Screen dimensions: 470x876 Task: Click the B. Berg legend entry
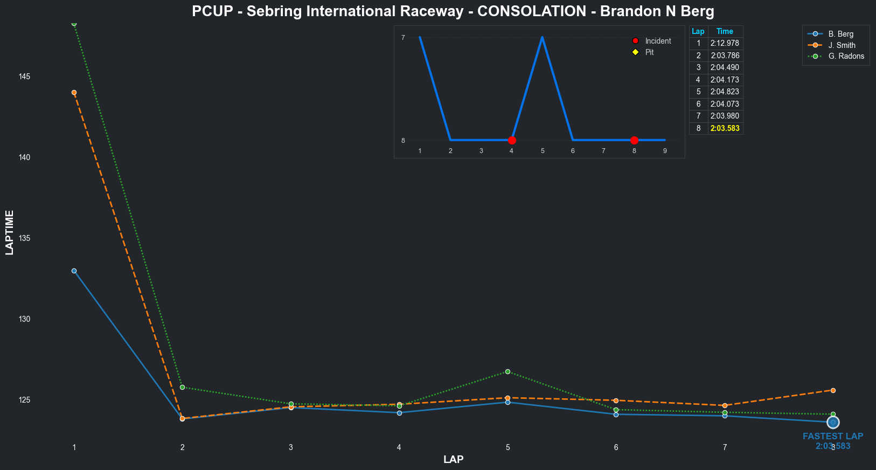(840, 34)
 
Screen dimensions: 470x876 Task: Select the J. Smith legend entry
(842, 45)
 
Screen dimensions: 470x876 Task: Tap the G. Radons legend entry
(846, 56)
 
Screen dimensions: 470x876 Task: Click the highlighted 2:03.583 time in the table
(725, 128)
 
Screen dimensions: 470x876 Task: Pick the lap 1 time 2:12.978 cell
(725, 43)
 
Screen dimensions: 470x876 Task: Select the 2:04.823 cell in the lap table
(725, 92)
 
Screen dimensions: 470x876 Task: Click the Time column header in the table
(725, 31)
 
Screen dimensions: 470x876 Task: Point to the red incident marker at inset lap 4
(512, 140)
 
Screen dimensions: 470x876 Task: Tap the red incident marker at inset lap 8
(634, 140)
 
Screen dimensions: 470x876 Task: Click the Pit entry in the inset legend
(649, 52)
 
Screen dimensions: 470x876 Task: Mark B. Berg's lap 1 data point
(74, 271)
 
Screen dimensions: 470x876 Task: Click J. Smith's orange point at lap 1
(74, 92)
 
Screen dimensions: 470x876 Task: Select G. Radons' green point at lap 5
(507, 371)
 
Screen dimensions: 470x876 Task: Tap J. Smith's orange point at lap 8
(833, 390)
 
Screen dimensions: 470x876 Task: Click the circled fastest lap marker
(833, 422)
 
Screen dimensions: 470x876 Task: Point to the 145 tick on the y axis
(24, 77)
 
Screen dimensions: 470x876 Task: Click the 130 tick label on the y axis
(24, 319)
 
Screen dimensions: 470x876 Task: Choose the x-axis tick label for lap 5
(507, 447)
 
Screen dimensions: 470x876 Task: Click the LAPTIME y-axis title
(9, 232)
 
